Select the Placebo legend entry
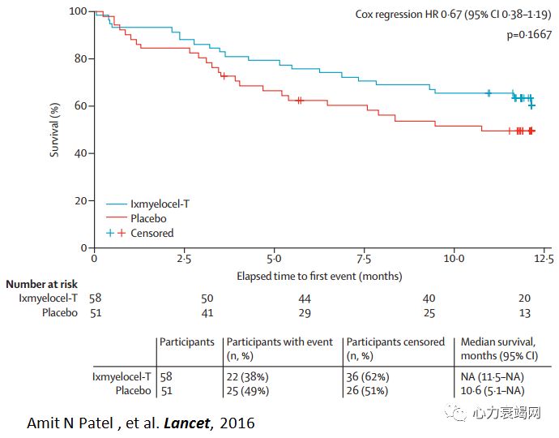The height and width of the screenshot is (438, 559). [149, 218]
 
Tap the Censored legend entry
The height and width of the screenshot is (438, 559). [152, 233]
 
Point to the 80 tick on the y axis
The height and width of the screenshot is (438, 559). [80, 58]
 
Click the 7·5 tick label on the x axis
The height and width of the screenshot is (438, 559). [364, 259]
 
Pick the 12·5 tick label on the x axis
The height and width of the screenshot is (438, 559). [544, 259]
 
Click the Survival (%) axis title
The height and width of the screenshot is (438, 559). [55, 129]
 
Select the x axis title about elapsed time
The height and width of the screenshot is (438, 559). [319, 276]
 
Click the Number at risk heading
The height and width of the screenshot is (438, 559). [41, 285]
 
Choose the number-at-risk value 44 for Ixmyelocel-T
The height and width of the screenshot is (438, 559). [304, 298]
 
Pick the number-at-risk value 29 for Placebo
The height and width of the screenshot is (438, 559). [304, 312]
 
